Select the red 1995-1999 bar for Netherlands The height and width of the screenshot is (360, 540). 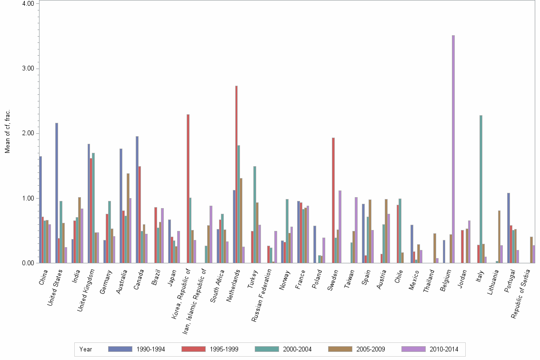pos(236,174)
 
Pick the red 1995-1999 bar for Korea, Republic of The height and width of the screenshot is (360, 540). pos(188,189)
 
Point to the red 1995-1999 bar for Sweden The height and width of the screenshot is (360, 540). pos(333,200)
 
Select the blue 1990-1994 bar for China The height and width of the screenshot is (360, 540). pos(40,210)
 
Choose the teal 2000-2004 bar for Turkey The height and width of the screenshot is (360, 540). pos(255,214)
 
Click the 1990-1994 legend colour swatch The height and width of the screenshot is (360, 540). pos(120,349)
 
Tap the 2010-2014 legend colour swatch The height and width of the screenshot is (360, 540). pos(414,349)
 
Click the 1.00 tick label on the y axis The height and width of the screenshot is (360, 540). pos(28,198)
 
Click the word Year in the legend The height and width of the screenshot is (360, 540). pos(86,350)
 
